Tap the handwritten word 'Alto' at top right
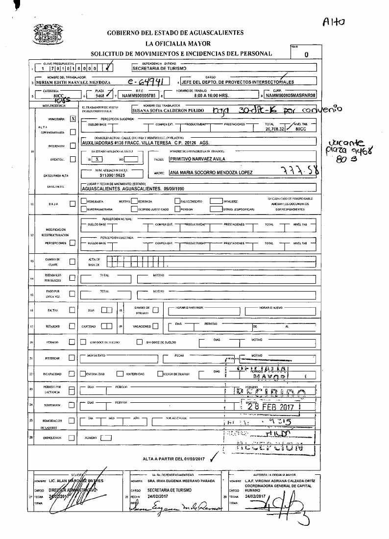click(x=334, y=21)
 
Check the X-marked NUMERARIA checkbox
click(x=73, y=119)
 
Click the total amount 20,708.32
click(x=275, y=129)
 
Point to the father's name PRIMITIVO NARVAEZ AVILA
click(x=196, y=159)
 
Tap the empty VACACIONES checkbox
click(x=155, y=326)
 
